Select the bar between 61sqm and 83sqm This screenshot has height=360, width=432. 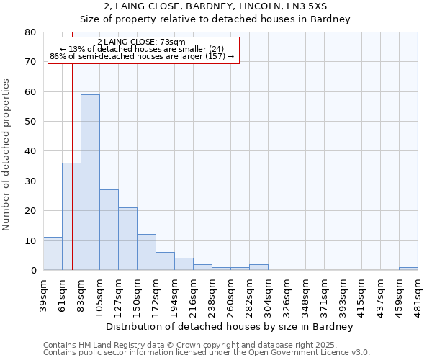pyautogui.click(x=71, y=216)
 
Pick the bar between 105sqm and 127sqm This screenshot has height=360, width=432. pyautogui.click(x=109, y=230)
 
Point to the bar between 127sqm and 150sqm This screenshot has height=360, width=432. pyautogui.click(x=127, y=238)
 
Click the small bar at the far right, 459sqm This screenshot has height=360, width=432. pyautogui.click(x=408, y=269)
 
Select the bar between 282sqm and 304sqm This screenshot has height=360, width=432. pyautogui.click(x=258, y=267)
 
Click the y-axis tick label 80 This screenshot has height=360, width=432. pyautogui.click(x=30, y=32)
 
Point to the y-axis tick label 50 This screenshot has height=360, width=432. pyautogui.click(x=30, y=122)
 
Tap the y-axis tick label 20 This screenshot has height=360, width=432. pyautogui.click(x=30, y=211)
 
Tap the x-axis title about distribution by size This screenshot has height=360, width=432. pyautogui.click(x=230, y=327)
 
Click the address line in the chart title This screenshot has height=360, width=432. pyautogui.click(x=215, y=6)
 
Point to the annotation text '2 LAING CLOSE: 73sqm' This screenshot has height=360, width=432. pyautogui.click(x=141, y=42)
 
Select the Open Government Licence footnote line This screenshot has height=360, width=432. pyautogui.click(x=206, y=353)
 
